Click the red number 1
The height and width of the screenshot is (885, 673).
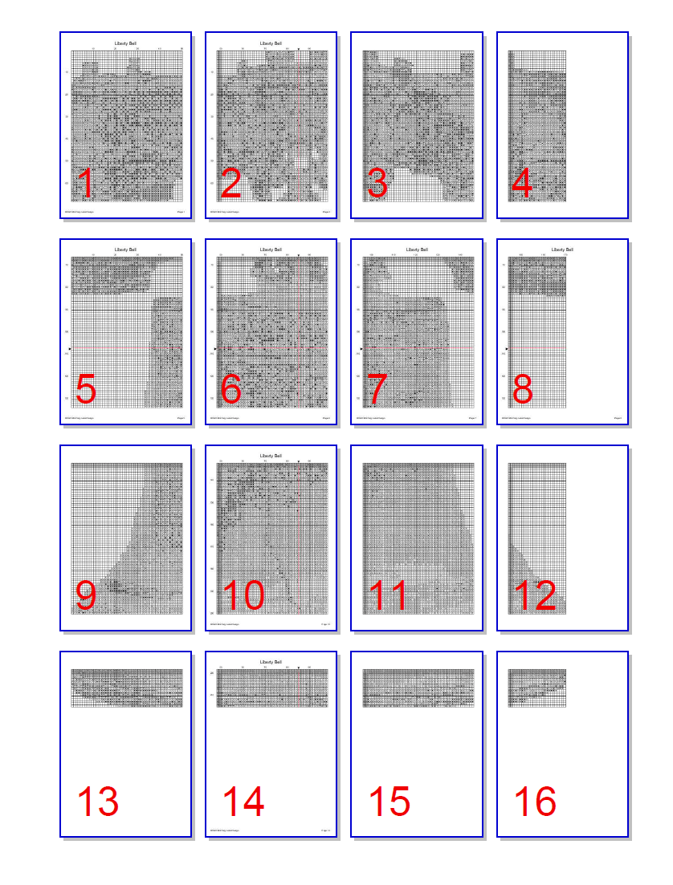tap(84, 185)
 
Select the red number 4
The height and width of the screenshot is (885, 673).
tap(522, 185)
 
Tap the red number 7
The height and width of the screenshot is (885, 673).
tap(377, 391)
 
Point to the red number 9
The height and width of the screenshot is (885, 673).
tap(86, 596)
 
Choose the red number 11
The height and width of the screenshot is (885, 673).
tap(389, 596)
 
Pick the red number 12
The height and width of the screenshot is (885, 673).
tap(535, 596)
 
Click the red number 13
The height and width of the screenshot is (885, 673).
tap(97, 802)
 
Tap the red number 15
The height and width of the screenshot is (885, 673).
tap(390, 802)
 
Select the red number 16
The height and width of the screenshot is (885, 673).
tap(535, 802)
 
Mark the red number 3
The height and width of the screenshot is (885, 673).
tap(377, 185)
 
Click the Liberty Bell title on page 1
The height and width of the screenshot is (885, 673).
tap(126, 43)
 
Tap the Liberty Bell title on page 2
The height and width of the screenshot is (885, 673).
tap(271, 43)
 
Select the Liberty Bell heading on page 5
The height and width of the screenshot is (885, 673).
tap(126, 250)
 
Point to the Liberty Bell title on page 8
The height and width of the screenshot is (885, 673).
tap(562, 250)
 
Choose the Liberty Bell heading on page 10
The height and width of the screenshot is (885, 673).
tap(271, 456)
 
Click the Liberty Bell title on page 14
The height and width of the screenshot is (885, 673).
tap(271, 662)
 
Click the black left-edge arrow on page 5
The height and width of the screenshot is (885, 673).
tap(71, 349)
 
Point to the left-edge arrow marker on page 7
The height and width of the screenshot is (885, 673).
tap(361, 349)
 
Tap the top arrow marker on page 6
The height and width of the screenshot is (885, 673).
tap(299, 256)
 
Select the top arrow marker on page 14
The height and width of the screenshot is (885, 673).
tap(299, 668)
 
